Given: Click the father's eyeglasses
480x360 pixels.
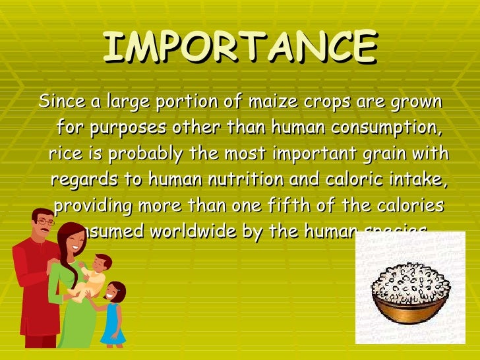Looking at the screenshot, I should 45,222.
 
